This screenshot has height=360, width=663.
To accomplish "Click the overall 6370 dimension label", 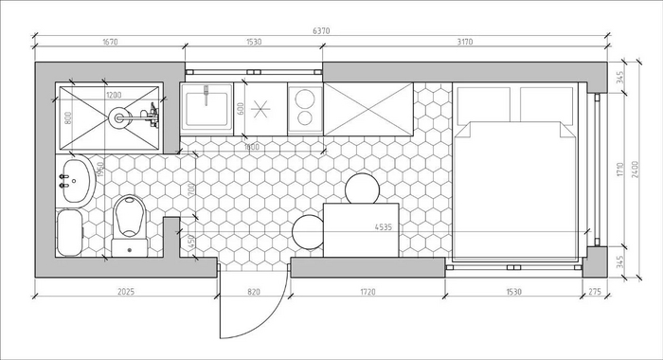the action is [x=321, y=31].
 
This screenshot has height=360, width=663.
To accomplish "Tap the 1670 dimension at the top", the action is [x=110, y=42].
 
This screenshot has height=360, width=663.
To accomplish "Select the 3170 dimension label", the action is [x=465, y=42].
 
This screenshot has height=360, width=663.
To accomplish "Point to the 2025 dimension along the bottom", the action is [x=126, y=292].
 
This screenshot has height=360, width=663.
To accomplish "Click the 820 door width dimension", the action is [x=254, y=292].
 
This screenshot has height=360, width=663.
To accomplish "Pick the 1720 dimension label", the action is [x=367, y=292].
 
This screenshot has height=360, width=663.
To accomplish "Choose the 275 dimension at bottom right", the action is [x=595, y=292].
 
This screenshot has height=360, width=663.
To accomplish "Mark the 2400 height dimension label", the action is [x=635, y=170].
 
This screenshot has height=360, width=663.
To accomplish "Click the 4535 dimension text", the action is [x=384, y=227].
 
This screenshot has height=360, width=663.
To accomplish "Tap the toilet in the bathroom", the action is [x=130, y=225].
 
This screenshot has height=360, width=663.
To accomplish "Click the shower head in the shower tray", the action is [x=118, y=117].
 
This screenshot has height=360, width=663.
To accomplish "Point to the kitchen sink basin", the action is [x=206, y=109].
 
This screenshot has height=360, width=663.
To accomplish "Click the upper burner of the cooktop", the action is [x=305, y=99].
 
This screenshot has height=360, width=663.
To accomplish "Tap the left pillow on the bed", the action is [x=484, y=104].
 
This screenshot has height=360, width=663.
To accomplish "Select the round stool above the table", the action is [x=363, y=189].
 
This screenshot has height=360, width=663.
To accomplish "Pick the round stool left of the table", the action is [x=308, y=232].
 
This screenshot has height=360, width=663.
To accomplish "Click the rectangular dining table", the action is [x=361, y=230].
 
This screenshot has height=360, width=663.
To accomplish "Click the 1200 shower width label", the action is [x=114, y=95].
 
